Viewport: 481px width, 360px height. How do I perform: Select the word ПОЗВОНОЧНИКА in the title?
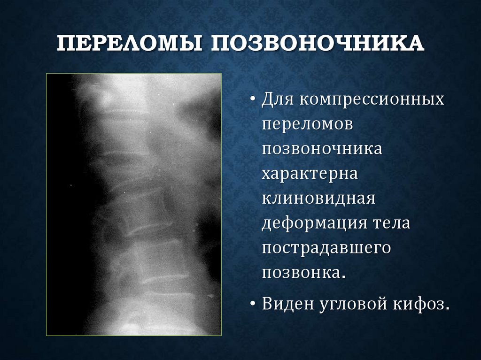(x=318, y=46)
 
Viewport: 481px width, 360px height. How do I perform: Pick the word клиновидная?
(x=318, y=198)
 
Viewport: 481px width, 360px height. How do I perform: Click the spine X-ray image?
(x=134, y=204)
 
